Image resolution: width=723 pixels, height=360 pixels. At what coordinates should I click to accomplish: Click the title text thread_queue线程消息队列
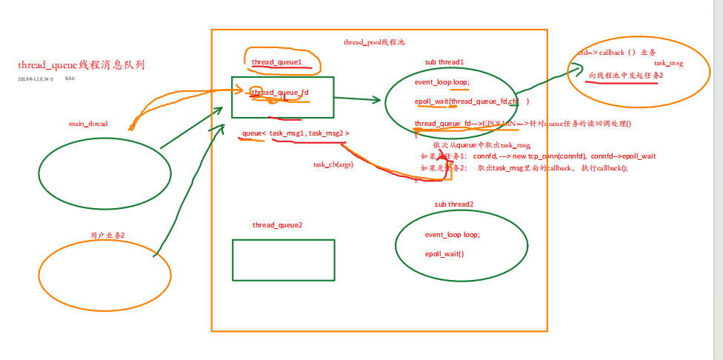point(81,65)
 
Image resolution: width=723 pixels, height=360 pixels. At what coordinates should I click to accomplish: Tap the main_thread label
point(88,124)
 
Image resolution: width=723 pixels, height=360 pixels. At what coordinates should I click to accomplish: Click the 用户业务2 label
point(107,235)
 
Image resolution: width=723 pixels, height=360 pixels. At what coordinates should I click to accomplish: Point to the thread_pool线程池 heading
point(374,43)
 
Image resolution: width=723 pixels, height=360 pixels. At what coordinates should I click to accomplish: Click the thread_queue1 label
point(277,62)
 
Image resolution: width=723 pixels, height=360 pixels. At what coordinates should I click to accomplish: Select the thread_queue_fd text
point(280,93)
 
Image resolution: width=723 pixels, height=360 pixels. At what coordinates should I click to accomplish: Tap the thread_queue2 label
point(277,224)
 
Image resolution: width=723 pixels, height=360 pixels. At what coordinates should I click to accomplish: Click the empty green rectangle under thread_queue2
point(283,260)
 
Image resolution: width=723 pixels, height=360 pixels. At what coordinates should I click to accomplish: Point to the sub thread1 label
point(444,61)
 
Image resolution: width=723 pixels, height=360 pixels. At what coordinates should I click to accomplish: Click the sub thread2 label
point(454,204)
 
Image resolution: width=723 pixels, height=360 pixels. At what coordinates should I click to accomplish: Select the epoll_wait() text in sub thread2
point(444,254)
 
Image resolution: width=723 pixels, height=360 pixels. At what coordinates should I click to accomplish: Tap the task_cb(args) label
point(333,164)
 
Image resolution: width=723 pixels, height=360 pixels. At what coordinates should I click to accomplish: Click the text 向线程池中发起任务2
point(626,76)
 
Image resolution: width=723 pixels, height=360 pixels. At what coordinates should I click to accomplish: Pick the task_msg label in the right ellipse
point(668,64)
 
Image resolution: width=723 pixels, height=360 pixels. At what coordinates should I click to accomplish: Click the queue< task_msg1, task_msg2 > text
point(295,133)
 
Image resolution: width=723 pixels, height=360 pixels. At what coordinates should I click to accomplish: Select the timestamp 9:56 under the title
point(70,78)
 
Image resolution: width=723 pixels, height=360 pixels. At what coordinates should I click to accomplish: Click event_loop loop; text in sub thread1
point(442,82)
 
